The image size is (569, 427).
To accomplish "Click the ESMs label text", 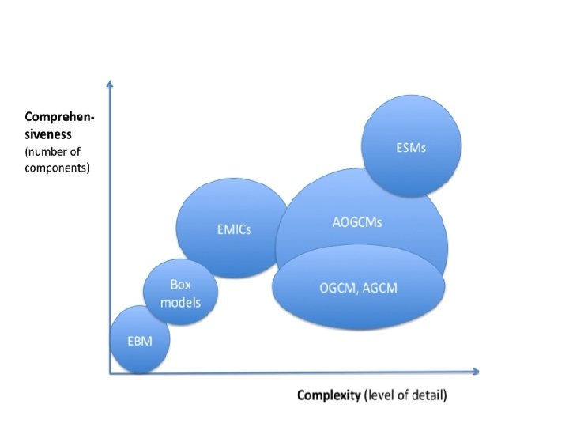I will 411,148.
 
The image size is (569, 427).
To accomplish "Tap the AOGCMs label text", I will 357,222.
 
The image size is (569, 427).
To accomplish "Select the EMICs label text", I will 235,230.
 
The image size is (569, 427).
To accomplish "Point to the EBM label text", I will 138,341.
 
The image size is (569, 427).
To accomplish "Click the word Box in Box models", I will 181,285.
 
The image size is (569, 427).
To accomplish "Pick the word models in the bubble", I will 181,302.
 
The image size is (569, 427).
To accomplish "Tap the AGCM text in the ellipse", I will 381,289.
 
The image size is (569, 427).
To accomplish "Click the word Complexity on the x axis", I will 329,395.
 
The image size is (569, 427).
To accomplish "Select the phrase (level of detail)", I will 406,395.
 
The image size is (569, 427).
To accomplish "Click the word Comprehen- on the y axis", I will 60,119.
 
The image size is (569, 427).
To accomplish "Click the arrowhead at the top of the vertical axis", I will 109,83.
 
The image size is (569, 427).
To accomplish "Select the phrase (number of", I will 53,151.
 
